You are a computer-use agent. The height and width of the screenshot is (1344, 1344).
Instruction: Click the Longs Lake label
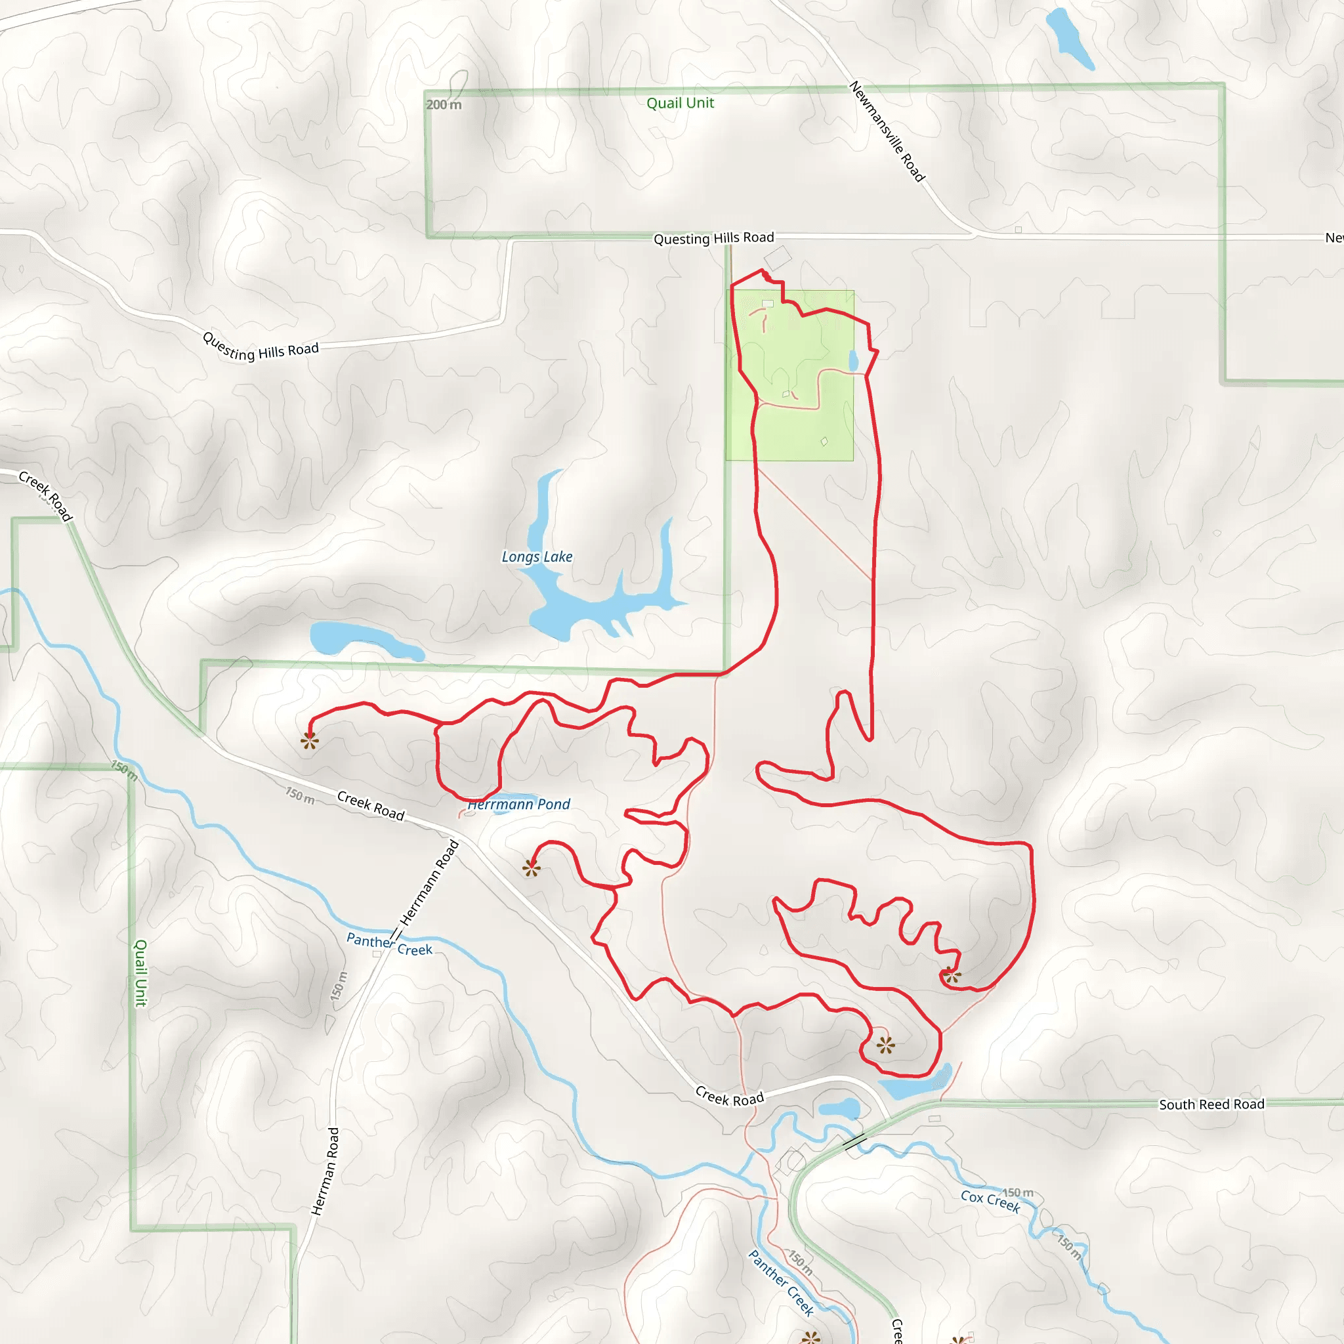[537, 556]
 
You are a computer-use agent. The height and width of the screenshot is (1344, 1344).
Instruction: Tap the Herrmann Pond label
[519, 804]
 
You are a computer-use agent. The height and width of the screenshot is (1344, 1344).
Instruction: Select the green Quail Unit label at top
[680, 103]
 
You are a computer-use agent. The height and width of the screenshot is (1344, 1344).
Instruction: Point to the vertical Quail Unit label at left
[140, 973]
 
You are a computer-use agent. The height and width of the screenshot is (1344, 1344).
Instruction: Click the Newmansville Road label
[887, 131]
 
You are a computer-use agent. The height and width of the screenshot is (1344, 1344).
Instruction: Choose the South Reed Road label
[1211, 1104]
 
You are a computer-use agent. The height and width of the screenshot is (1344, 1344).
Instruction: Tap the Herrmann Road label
[429, 883]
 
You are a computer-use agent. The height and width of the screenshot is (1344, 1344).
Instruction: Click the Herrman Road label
[325, 1171]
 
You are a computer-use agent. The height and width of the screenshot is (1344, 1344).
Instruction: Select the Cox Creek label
[990, 1202]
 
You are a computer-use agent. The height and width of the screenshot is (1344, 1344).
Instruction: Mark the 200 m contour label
[443, 104]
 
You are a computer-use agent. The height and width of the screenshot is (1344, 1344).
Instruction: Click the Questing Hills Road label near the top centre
[713, 238]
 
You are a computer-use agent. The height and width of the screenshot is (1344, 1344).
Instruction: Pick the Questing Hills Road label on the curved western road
[260, 346]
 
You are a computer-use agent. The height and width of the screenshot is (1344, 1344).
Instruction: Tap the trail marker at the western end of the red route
[310, 741]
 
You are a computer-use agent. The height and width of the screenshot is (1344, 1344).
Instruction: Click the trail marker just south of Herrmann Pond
[532, 868]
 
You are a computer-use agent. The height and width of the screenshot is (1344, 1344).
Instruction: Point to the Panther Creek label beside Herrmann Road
[389, 945]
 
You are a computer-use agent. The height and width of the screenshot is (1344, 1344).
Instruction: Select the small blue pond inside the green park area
[854, 360]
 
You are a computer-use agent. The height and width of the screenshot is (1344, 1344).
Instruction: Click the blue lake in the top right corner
[1068, 38]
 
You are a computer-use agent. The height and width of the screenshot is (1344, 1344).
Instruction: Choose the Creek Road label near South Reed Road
[729, 1097]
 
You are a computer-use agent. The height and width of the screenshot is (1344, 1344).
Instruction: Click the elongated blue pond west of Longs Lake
[366, 640]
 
